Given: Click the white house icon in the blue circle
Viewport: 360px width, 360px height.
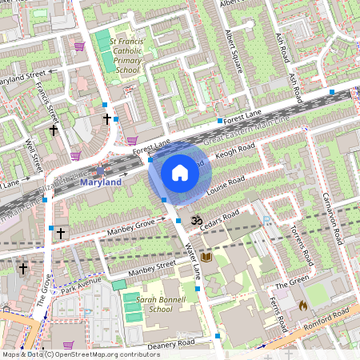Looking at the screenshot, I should point(180,172).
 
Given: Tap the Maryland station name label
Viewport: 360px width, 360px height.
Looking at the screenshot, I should point(101,182).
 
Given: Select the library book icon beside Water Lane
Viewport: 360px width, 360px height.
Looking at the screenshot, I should point(206,257).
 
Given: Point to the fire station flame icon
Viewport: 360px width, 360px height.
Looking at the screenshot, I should point(302,305).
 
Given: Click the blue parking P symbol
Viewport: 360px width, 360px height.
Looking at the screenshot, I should point(267,217).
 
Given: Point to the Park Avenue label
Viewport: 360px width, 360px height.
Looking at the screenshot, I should point(84,284).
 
